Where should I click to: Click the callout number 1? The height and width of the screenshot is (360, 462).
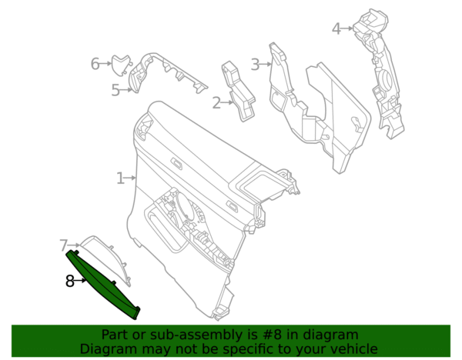coord(120,178)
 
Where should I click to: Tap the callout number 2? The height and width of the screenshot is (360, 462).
coord(216,103)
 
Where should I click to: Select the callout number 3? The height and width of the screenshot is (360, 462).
coord(255,64)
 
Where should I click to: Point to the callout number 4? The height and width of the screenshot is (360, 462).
coord(336,28)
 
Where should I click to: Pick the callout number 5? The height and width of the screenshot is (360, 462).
coord(115,90)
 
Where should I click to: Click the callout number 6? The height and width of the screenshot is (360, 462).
coord(95,64)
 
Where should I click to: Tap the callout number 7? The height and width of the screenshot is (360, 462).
coord(64,245)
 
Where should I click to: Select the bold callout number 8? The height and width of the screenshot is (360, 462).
coord(70,281)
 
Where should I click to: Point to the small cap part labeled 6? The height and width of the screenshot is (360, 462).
coord(121,65)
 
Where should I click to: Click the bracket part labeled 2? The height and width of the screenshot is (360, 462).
coord(237,92)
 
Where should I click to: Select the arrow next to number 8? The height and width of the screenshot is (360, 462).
coord(80,281)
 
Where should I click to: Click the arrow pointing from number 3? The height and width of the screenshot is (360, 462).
coord(266,64)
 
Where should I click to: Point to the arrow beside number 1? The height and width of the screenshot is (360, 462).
coord(130,178)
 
